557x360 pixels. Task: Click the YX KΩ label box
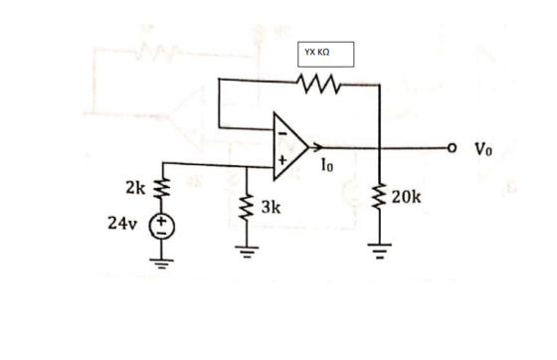326,55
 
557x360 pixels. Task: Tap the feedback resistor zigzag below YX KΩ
319,84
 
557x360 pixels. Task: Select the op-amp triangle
290,146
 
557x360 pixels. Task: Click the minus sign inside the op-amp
282,133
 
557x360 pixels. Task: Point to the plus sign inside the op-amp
282,160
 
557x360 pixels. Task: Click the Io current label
327,165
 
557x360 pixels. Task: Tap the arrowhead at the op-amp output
316,146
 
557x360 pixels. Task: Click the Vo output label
483,149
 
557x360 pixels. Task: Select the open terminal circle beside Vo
452,147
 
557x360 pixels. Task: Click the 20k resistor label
407,197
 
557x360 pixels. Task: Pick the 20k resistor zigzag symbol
379,196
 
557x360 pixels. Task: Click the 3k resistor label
271,207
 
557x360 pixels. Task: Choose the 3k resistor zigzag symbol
247,208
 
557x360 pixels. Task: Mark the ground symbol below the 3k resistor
247,252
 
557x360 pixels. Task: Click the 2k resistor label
135,188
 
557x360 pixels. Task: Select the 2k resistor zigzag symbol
162,188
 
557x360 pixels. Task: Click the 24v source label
121,224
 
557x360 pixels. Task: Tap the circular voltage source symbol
161,227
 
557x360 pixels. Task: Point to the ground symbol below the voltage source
161,265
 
